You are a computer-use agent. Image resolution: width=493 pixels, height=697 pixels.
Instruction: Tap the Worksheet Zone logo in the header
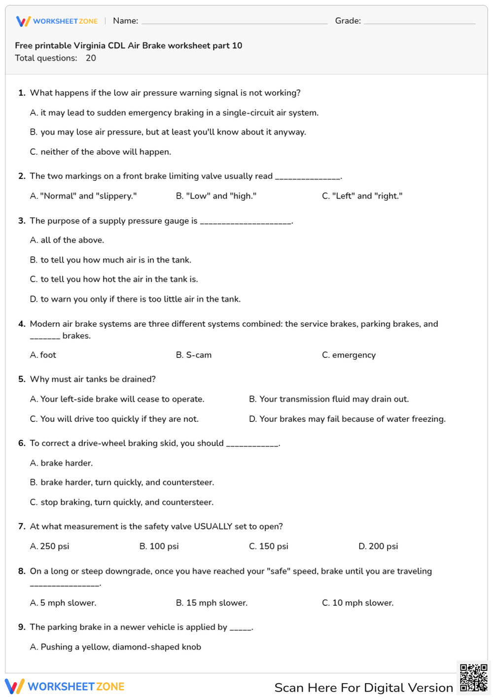click(57, 21)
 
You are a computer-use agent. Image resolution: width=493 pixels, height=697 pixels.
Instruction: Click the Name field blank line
click(234, 22)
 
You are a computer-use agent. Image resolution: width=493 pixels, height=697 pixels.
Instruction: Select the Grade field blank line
click(419, 22)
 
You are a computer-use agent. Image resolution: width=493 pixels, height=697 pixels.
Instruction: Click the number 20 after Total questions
click(91, 58)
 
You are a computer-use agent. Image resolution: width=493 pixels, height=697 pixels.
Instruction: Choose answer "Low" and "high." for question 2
click(216, 196)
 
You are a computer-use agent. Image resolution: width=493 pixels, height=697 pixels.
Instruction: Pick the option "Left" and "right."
click(362, 196)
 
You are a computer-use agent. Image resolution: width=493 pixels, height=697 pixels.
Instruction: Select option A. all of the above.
click(67, 240)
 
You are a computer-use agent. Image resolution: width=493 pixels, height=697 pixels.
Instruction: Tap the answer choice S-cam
click(194, 355)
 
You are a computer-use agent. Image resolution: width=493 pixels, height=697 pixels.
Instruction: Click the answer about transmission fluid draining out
click(329, 399)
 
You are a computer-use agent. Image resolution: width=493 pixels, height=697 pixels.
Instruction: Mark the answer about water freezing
click(347, 419)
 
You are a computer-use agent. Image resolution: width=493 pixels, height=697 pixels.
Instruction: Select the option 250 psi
click(50, 546)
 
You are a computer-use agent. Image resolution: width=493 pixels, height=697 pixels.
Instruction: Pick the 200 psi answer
click(378, 546)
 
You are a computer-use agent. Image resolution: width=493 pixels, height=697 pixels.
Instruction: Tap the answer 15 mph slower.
click(211, 603)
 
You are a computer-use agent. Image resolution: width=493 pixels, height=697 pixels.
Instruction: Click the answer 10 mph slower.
click(357, 603)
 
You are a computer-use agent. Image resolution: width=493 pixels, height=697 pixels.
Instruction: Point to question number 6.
click(22, 443)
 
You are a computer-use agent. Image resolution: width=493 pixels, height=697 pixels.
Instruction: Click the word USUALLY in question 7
click(213, 526)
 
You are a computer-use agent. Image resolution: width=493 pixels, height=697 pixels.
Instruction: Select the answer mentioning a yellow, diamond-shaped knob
click(115, 647)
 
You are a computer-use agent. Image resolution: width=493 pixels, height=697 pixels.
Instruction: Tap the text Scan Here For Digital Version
click(363, 688)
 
